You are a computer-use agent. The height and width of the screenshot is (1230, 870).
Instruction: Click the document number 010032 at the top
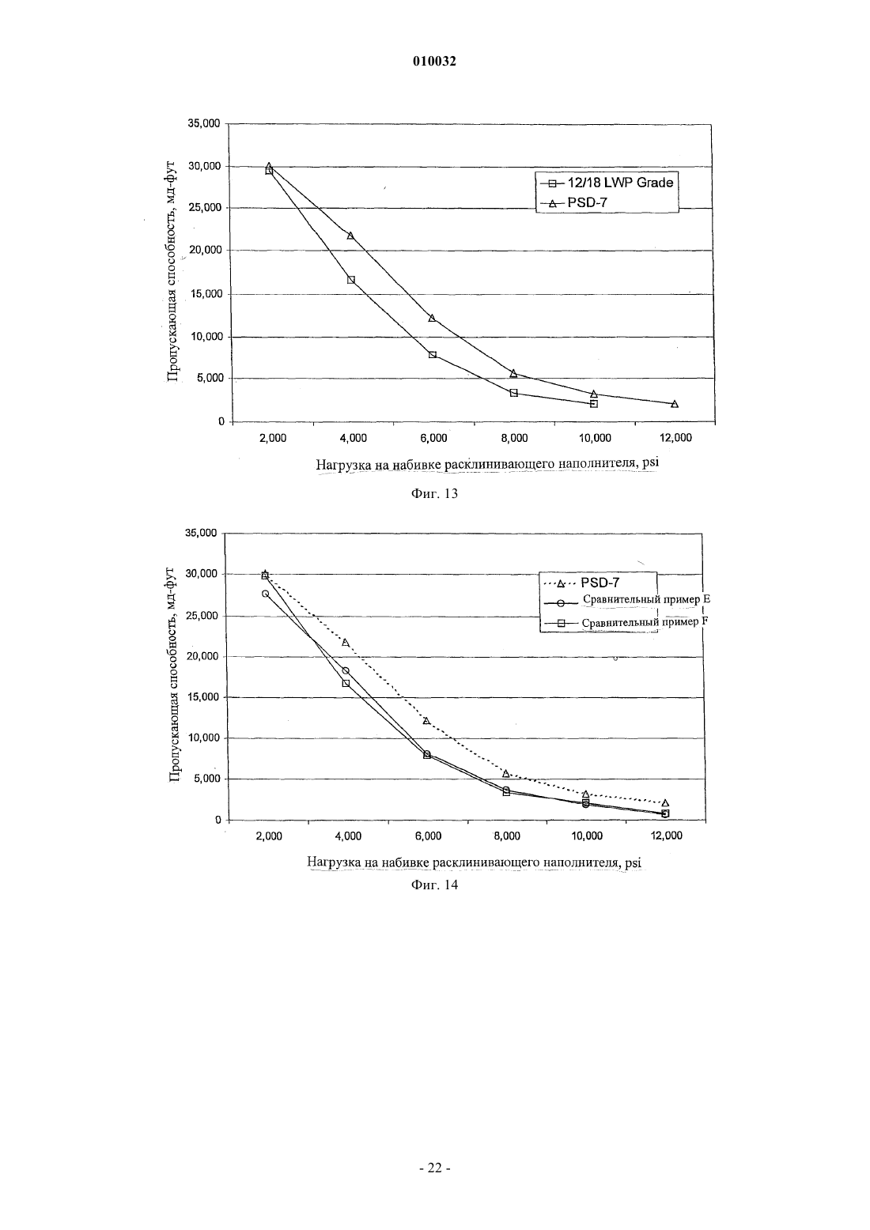434,62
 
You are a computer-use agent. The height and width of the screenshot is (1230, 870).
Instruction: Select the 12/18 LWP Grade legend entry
607,183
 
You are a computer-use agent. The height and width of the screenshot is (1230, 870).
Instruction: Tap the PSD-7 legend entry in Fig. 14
581,583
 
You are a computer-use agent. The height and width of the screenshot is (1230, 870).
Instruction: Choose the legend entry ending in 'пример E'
626,600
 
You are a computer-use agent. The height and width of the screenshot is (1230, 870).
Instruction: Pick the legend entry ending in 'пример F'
625,622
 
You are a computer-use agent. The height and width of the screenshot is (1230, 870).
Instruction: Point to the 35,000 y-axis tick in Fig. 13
204,123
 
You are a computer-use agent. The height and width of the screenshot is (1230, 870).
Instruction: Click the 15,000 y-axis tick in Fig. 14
204,697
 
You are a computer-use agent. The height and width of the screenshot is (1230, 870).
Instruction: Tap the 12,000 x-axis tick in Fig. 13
675,438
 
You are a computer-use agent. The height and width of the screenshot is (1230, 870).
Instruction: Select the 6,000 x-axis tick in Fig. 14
428,836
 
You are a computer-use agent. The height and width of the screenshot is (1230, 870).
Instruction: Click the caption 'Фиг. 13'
434,493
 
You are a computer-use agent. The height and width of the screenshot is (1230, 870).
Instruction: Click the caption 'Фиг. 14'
434,885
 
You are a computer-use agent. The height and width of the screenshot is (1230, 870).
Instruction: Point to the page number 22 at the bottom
434,1168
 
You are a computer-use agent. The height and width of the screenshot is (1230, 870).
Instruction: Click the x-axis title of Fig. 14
474,862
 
